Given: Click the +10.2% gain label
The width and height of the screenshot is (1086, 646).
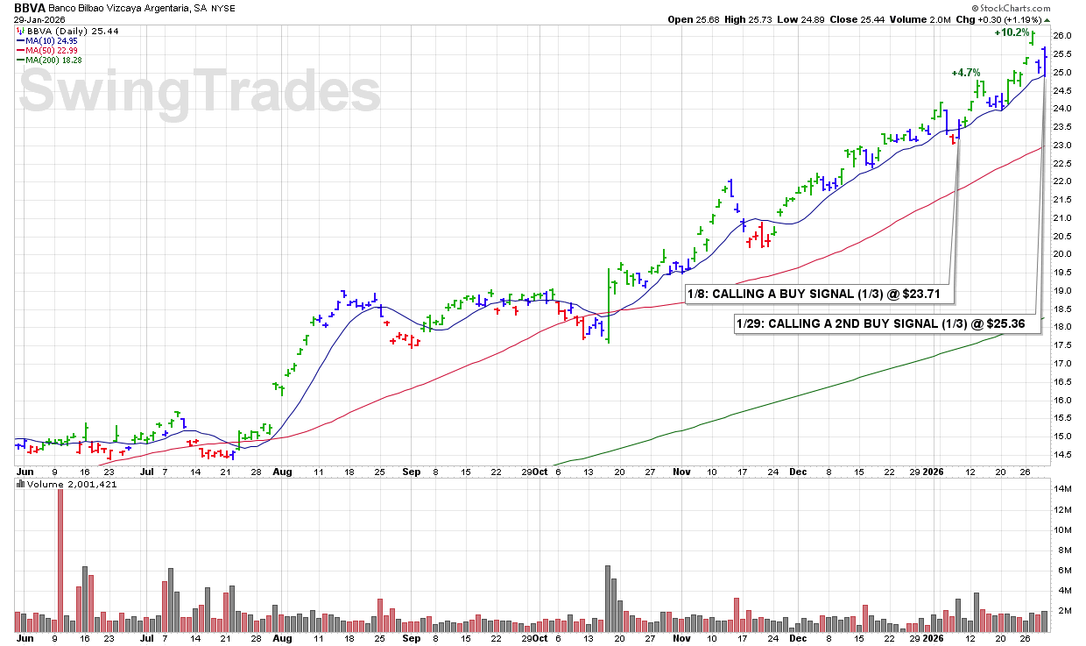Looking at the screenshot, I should click(1011, 32).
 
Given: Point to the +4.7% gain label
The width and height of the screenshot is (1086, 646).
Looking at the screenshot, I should click(966, 73).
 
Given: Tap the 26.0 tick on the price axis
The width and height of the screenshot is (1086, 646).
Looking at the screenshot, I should click(1062, 36).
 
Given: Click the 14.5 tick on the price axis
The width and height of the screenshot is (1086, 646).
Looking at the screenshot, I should click(1062, 454).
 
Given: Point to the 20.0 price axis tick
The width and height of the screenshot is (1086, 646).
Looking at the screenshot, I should click(1062, 254).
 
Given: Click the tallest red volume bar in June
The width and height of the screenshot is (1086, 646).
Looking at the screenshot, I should click(60, 561).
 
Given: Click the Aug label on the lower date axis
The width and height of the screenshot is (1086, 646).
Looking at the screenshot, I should click(283, 640).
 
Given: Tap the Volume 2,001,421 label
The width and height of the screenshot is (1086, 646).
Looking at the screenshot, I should click(67, 483).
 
